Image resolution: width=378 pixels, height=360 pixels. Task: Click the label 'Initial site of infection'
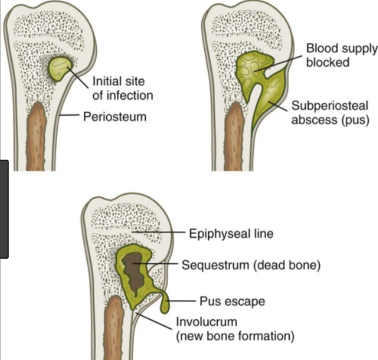click(x=122, y=88)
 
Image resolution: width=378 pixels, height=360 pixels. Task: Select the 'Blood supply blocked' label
click(x=336, y=55)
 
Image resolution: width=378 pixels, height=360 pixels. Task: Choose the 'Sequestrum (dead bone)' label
click(x=252, y=265)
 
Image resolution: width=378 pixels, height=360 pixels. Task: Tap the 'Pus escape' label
click(x=232, y=301)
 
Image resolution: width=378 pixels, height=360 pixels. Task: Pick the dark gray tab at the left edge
click(x=4, y=209)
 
